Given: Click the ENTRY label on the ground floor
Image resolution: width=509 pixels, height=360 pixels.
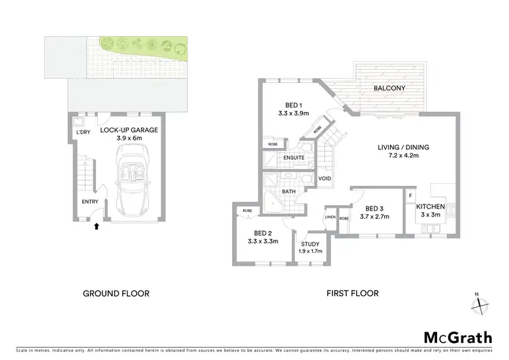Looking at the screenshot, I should coord(90,202).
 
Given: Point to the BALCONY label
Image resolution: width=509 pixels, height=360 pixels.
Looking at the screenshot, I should coord(390,88).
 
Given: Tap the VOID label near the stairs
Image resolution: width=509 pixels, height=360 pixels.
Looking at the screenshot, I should coord(324,179).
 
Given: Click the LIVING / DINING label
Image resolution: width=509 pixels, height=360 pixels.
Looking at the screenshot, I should coord(404,147).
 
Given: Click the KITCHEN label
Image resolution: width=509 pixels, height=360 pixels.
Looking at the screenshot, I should coord(430,206).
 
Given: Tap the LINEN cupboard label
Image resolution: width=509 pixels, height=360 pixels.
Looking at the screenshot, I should coord(331,218).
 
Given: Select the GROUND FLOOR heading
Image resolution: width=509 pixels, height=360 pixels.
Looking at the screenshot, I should coord(116,293).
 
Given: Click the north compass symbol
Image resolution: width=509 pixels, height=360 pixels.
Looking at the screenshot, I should coord(481,304).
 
